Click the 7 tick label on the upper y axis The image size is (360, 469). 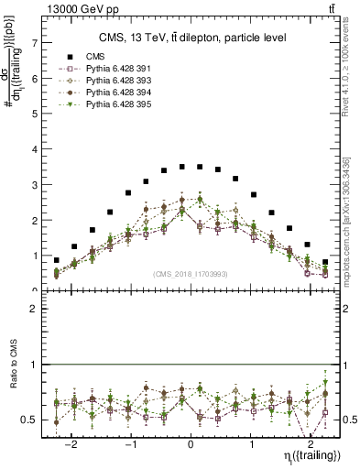35,43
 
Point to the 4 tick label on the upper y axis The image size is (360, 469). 35,149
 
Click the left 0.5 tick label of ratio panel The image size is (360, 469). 31,420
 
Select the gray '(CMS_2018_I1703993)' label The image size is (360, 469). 191,273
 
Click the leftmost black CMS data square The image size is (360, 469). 57,260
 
